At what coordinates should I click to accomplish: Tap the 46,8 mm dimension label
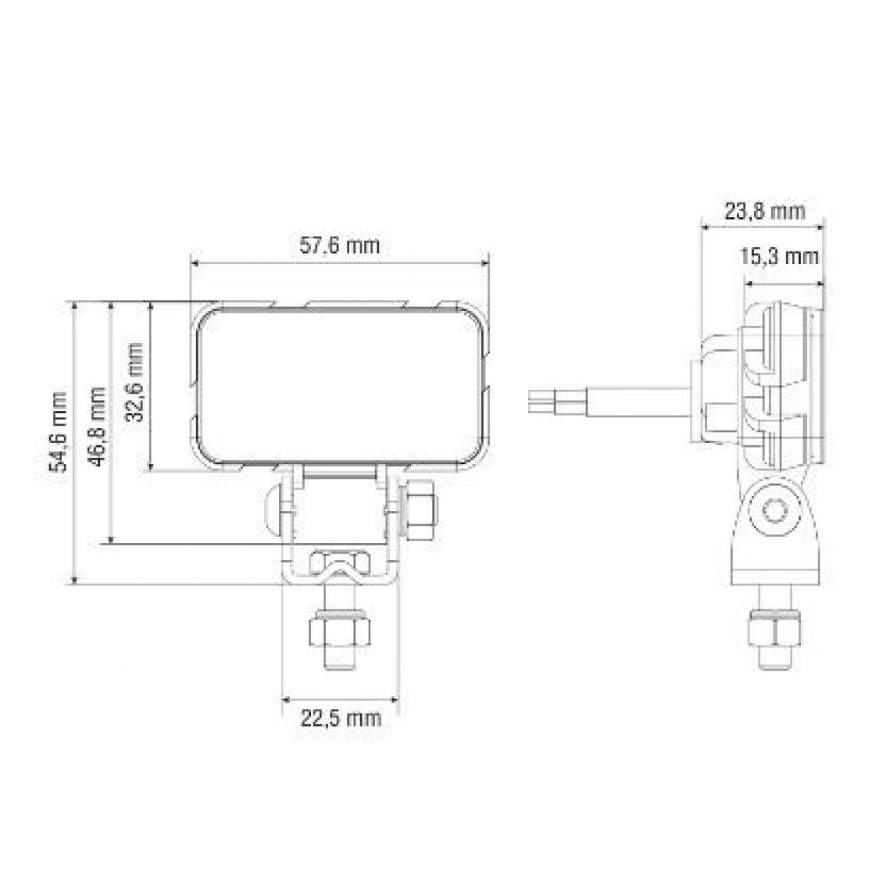97,424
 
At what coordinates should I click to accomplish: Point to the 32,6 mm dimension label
135,385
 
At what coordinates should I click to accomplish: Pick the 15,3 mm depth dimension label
778,257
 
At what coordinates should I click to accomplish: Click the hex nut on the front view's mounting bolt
338,631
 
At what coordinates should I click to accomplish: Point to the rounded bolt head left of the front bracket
273,509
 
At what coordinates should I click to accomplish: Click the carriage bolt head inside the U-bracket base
338,563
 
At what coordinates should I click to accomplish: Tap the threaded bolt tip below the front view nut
338,660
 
